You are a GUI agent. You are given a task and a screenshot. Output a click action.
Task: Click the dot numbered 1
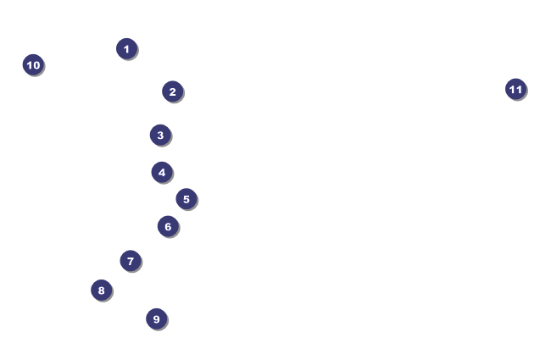click(126, 49)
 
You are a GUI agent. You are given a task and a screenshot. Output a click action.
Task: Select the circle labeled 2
click(172, 91)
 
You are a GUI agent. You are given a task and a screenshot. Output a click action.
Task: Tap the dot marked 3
click(160, 135)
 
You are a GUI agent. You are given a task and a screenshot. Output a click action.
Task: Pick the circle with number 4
click(162, 172)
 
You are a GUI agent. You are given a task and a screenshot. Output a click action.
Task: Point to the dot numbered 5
click(186, 199)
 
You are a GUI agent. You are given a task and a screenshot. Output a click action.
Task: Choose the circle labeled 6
click(168, 226)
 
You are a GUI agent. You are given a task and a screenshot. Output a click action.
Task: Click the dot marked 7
click(131, 261)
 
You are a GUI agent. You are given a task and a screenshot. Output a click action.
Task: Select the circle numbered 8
click(101, 290)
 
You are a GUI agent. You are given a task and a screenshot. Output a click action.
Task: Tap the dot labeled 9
click(156, 318)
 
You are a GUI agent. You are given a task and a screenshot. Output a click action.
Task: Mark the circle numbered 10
click(33, 64)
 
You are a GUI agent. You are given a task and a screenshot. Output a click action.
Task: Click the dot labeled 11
click(516, 89)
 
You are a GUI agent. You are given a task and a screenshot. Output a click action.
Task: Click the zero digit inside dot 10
click(36, 65)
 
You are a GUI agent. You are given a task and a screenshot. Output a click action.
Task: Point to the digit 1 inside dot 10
click(29, 65)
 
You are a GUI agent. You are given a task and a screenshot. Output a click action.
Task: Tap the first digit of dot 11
click(512, 89)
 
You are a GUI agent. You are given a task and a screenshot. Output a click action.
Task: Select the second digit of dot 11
click(519, 89)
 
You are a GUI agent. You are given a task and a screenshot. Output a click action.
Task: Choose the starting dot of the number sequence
click(126, 49)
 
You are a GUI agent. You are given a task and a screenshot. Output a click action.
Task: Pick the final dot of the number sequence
click(516, 89)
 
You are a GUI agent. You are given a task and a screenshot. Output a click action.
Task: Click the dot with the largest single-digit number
click(156, 318)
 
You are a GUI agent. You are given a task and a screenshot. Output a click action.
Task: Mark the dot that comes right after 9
click(33, 64)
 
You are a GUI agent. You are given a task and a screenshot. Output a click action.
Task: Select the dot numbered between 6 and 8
click(131, 261)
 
